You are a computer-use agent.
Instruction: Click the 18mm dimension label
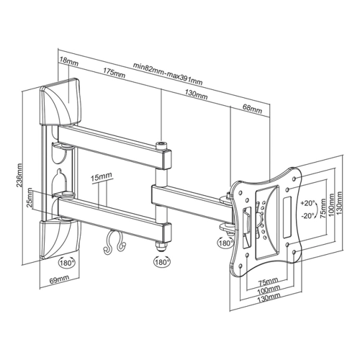69,61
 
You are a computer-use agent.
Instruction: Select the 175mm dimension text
114,73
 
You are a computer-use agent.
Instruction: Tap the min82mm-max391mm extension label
168,74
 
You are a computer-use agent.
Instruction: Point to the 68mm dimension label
251,109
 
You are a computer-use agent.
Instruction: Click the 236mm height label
19,175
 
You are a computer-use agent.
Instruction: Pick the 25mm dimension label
30,197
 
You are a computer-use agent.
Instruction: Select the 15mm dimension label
102,177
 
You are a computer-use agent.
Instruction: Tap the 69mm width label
59,279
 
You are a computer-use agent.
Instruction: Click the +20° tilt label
307,203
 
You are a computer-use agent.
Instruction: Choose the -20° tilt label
307,215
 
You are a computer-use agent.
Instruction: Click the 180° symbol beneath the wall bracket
67,262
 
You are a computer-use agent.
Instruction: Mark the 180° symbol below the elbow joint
162,262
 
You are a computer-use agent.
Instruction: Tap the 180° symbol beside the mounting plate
225,243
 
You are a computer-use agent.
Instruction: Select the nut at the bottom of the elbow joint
161,246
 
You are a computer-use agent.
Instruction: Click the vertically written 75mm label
323,208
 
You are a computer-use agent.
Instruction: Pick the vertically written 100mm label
332,204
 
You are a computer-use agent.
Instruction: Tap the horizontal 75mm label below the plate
268,280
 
